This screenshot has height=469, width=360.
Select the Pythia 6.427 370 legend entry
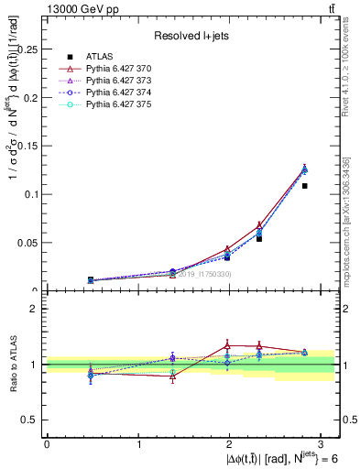tap(121, 68)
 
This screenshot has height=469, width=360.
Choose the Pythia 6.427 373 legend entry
tap(121, 81)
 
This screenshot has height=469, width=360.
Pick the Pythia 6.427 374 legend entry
tap(121, 93)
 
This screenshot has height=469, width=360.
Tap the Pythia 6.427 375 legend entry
tap(121, 106)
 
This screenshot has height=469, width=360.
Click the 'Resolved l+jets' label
tap(191, 36)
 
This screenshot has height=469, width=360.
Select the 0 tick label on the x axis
tap(47, 444)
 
